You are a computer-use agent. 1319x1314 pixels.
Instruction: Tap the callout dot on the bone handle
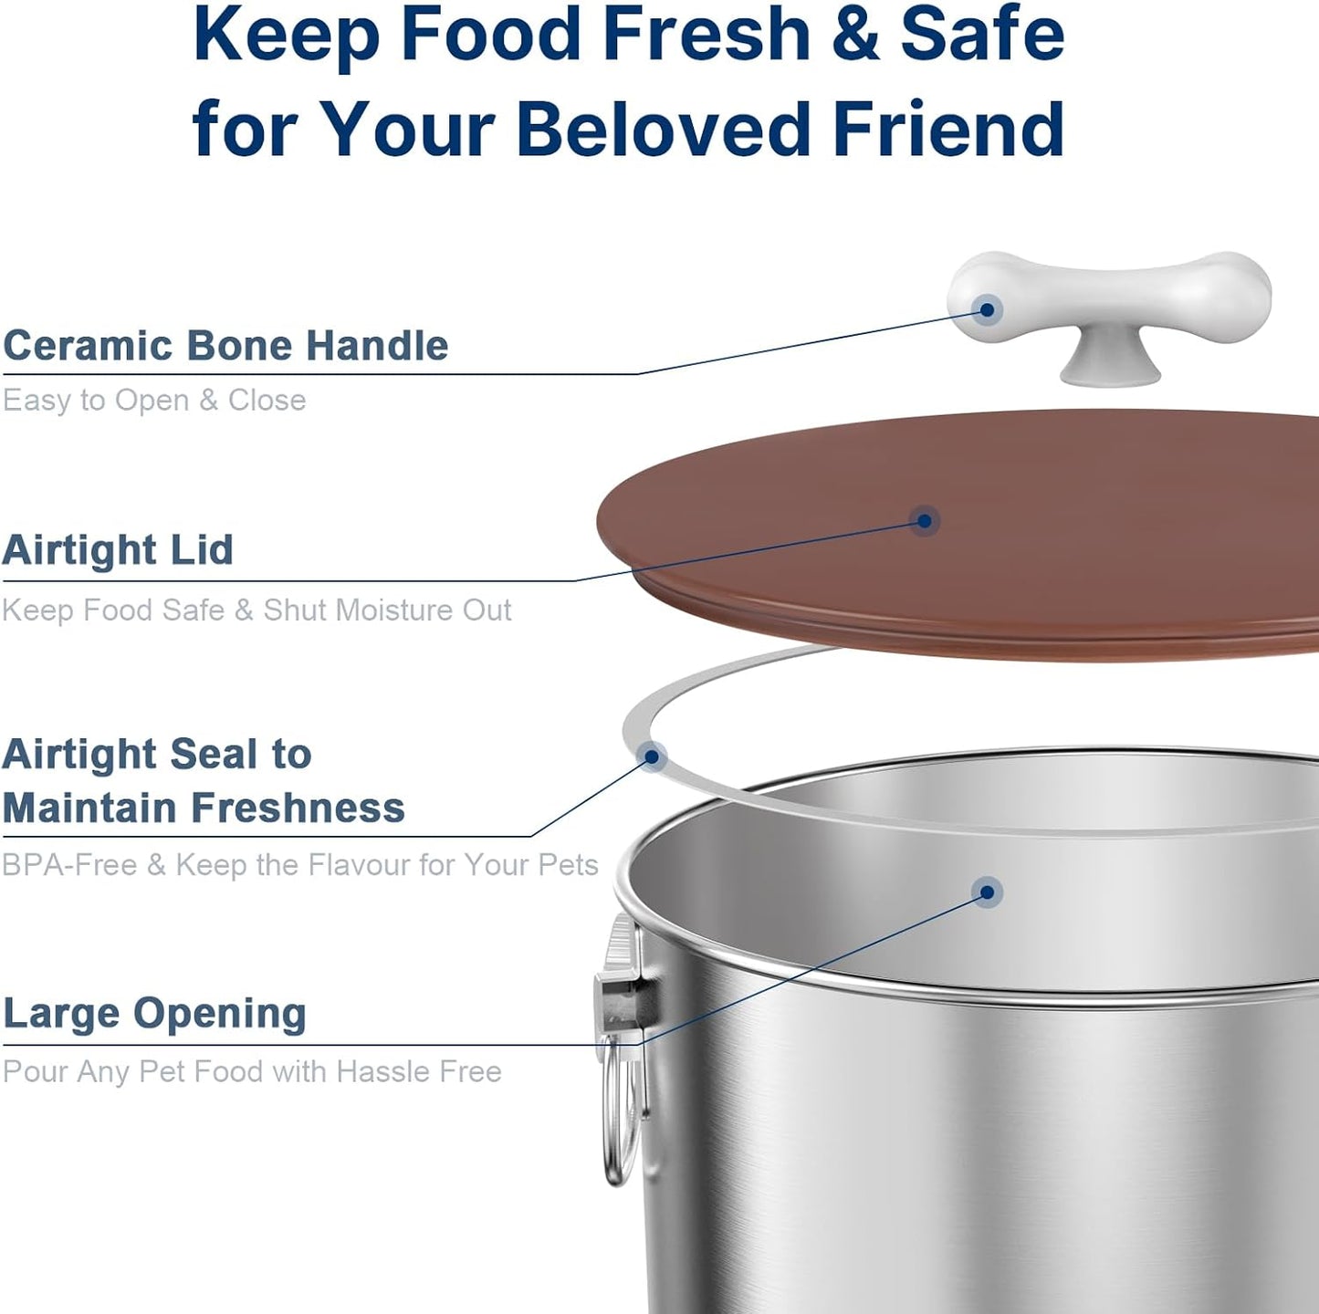[x=987, y=310]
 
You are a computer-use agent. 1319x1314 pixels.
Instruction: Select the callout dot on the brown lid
[x=924, y=521]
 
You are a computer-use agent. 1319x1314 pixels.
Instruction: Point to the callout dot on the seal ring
[x=652, y=756]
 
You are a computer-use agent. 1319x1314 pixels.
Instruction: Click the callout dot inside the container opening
[x=987, y=892]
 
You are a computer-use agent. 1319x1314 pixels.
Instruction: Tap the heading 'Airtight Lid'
[x=118, y=550]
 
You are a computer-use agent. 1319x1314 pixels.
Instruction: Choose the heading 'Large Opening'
[x=154, y=1014]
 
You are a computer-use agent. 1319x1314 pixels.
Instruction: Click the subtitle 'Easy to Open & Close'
[x=154, y=401]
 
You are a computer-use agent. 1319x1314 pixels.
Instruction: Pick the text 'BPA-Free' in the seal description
[x=69, y=865]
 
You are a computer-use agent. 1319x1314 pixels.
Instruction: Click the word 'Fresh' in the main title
[x=707, y=35]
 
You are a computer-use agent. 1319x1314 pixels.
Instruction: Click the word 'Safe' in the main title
[x=982, y=35]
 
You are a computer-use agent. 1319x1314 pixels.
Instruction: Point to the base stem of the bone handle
[x=1110, y=360]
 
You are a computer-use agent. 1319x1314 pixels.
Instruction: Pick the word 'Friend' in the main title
[x=948, y=129]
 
